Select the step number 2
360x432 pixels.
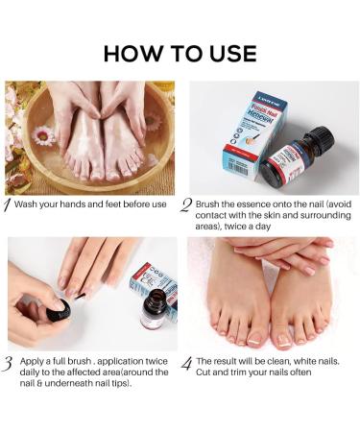point(187,204)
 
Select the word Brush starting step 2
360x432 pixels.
point(208,204)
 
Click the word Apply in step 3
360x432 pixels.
point(33,361)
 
